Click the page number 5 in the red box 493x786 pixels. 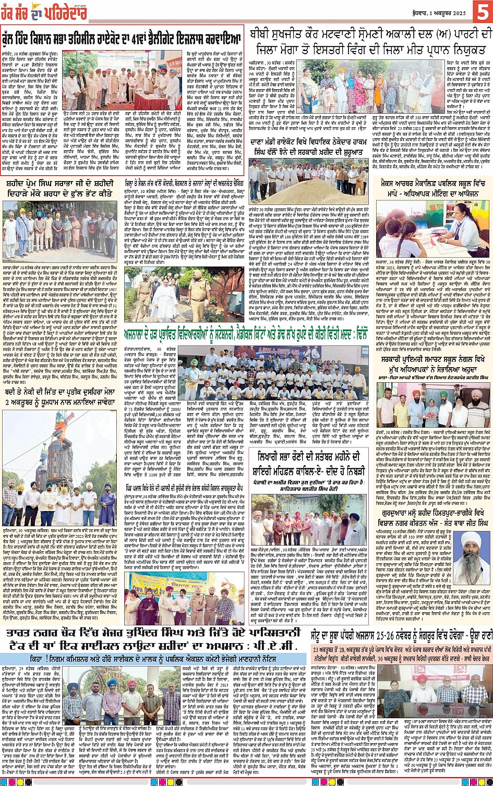483,12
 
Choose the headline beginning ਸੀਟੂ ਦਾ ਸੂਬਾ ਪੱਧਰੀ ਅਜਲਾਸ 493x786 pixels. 401,635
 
